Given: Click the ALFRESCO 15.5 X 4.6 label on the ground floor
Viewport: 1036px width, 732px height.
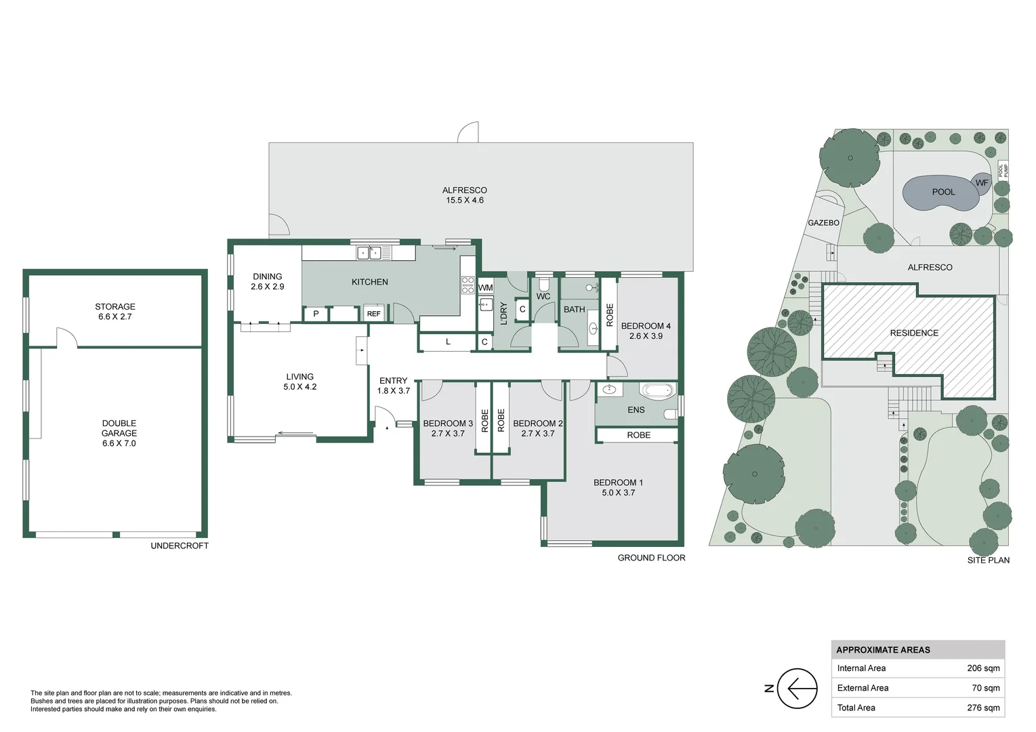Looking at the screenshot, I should (x=464, y=195).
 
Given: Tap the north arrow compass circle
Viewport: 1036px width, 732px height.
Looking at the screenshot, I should (x=797, y=688).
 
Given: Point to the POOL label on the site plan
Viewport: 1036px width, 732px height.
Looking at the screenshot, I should (x=942, y=192).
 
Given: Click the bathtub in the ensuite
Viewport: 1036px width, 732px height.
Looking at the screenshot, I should (x=657, y=390).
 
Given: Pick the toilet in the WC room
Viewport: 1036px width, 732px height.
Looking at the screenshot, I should (x=544, y=284).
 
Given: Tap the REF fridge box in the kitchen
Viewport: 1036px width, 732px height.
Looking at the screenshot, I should (x=373, y=314).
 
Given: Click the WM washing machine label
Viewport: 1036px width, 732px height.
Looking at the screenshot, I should (x=485, y=287).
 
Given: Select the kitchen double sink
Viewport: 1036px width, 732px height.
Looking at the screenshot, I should (x=369, y=253).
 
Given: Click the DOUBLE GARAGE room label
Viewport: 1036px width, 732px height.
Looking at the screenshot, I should (x=119, y=433).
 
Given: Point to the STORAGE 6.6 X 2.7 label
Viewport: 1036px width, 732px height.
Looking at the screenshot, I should (x=115, y=311).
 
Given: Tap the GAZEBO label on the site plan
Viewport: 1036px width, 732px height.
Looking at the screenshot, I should (x=823, y=222).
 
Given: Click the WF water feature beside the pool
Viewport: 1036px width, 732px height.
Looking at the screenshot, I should (x=981, y=182).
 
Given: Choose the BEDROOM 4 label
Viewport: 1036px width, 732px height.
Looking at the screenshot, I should (x=645, y=331).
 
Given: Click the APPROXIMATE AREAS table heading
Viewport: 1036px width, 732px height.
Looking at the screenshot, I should (x=883, y=649).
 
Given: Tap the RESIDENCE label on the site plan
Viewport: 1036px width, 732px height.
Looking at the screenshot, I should (x=914, y=333).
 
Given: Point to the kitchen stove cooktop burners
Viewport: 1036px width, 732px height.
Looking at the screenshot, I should (x=468, y=285).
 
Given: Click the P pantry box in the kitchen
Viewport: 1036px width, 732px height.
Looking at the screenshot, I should (x=316, y=314).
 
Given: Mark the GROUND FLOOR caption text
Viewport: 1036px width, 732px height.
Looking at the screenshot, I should (x=651, y=558).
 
